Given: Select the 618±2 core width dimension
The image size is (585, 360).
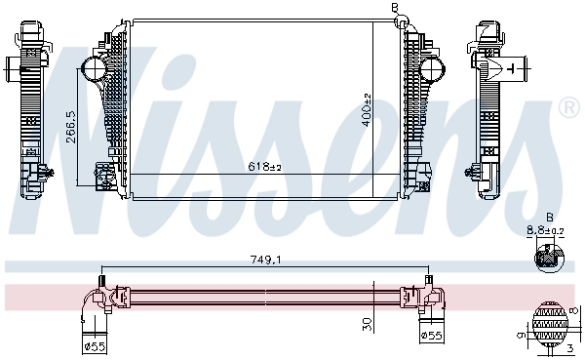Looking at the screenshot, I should pos(263,168).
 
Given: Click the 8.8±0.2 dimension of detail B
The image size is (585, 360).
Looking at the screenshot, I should pos(545,230).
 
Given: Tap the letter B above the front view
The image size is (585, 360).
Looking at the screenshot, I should pos(395,8).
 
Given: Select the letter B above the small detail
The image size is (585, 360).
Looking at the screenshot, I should pos(549,216).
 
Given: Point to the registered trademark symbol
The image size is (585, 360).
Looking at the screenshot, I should pos(565,107).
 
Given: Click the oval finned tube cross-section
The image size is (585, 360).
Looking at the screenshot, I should pos(550,323).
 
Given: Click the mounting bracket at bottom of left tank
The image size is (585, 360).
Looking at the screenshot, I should pos(101,176).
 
